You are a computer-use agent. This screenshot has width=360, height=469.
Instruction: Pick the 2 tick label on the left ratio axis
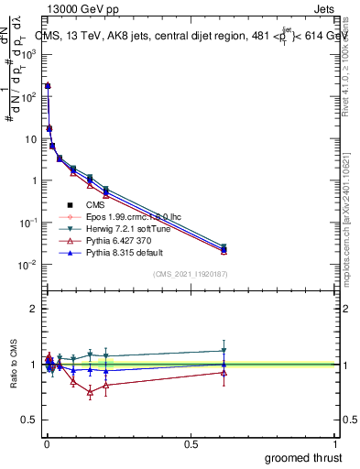[x=33, y=309]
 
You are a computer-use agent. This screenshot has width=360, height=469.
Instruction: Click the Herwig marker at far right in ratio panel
[x=224, y=351]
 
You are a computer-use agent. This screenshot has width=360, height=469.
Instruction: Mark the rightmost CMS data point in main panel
[x=224, y=248]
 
